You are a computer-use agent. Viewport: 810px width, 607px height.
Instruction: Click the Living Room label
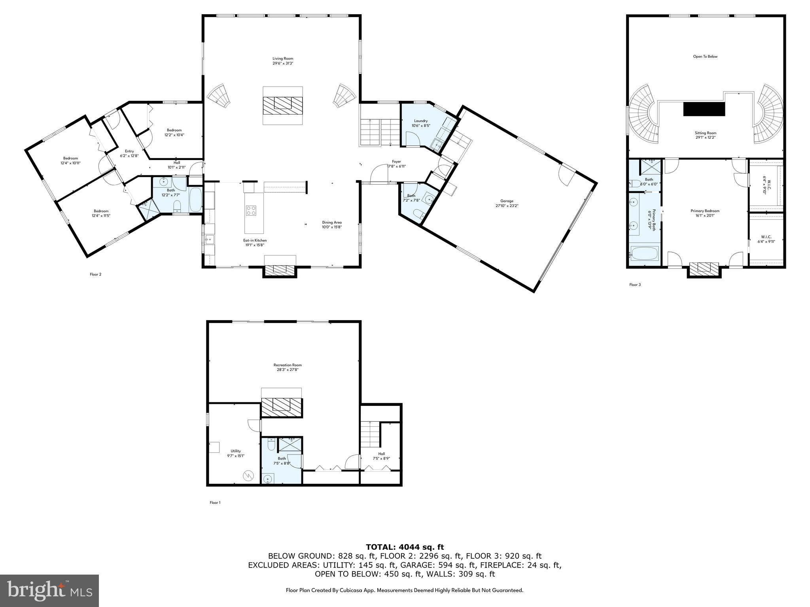[282, 61]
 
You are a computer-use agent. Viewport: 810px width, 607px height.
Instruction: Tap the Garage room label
[506, 203]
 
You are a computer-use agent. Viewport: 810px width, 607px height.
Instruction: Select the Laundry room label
[421, 123]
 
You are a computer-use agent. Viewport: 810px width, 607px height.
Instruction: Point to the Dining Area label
[331, 224]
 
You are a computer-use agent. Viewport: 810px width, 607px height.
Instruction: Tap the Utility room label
[236, 453]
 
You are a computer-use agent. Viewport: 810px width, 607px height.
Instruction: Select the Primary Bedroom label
[705, 213]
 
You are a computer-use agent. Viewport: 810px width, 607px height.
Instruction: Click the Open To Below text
[705, 57]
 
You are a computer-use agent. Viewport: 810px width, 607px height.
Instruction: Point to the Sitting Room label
[706, 135]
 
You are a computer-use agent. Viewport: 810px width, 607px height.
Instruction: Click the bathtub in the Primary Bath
[644, 253]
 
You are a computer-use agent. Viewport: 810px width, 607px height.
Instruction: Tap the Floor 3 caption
[635, 285]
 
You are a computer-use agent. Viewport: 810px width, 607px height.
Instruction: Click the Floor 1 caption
[215, 503]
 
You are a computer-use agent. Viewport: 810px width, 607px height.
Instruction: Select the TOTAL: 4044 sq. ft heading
[405, 547]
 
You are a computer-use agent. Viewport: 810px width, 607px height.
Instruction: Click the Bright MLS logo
[49, 591]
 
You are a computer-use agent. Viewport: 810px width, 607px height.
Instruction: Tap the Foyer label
[396, 164]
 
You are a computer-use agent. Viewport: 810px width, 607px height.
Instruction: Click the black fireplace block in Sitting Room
[704, 109]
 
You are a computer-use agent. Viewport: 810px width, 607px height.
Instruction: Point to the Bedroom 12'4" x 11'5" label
[101, 213]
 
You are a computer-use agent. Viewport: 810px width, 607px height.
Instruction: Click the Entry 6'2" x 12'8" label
[129, 153]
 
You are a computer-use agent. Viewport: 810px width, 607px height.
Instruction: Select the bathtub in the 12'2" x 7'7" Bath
[195, 200]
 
